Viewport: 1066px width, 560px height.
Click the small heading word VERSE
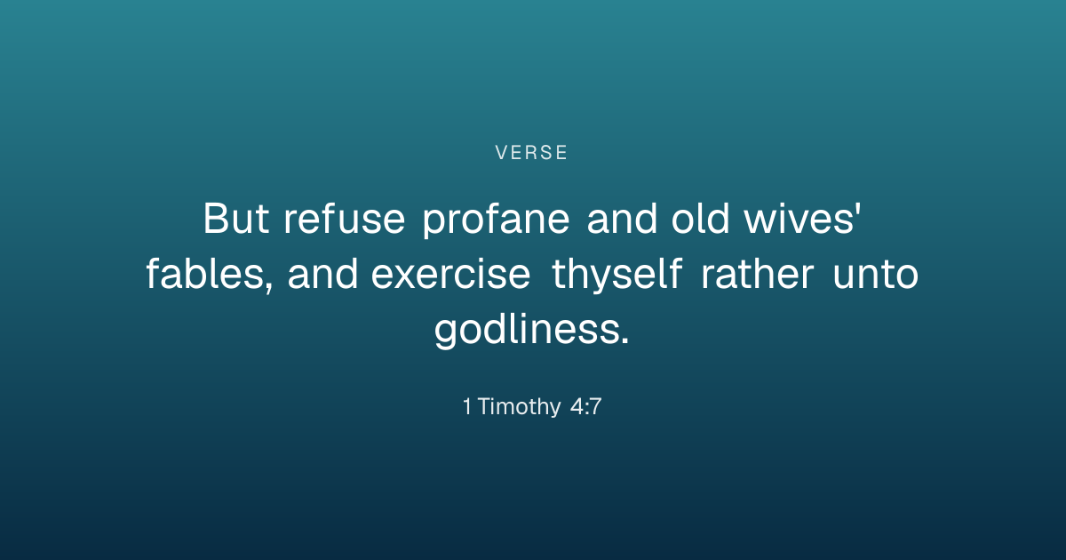531,153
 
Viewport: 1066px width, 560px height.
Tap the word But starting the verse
236,219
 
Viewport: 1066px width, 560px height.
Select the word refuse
344,219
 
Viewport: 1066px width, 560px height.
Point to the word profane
496,220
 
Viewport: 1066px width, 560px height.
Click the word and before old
622,219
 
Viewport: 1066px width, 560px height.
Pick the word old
700,219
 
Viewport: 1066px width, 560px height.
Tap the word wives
799,220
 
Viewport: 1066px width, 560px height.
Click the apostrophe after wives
858,210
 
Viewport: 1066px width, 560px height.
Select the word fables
205,274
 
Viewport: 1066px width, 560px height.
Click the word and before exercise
322,274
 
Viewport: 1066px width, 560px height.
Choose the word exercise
450,275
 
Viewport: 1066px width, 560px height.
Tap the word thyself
617,275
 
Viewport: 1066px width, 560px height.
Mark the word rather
757,274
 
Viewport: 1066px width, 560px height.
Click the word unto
876,275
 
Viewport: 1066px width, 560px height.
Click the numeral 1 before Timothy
467,407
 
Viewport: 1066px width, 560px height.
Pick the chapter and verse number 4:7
585,407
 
